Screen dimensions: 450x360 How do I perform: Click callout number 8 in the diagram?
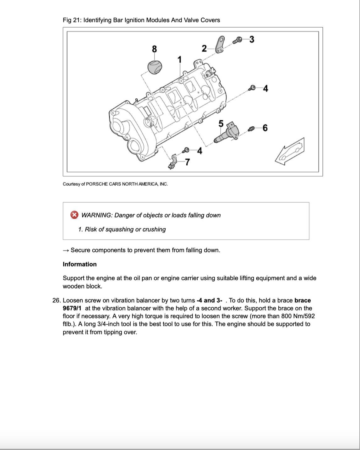tap(154, 49)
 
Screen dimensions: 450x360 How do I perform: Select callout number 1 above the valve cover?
tap(180, 59)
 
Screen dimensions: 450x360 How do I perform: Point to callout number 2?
tap(204, 48)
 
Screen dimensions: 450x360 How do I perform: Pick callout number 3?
tap(252, 39)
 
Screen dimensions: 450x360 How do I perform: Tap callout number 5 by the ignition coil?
tap(221, 124)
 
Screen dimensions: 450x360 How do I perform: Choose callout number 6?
tap(265, 128)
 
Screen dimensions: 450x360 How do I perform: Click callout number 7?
tap(188, 162)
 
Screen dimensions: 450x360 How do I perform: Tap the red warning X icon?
tap(74, 215)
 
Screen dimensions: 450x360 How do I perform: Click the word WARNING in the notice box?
tap(96, 215)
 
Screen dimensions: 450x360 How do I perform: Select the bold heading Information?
tap(80, 264)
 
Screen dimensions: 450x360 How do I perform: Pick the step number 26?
tap(57, 300)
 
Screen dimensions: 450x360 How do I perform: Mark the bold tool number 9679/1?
tap(72, 308)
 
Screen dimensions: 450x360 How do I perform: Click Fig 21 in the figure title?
tap(71, 20)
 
